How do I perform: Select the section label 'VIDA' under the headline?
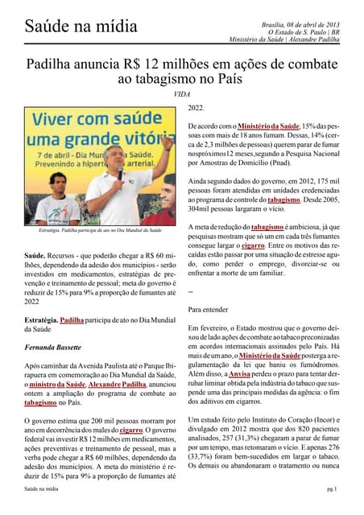click(x=181, y=94)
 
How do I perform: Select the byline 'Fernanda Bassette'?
click(x=54, y=347)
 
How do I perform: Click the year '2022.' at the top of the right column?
click(x=196, y=109)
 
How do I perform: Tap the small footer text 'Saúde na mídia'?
click(x=42, y=488)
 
